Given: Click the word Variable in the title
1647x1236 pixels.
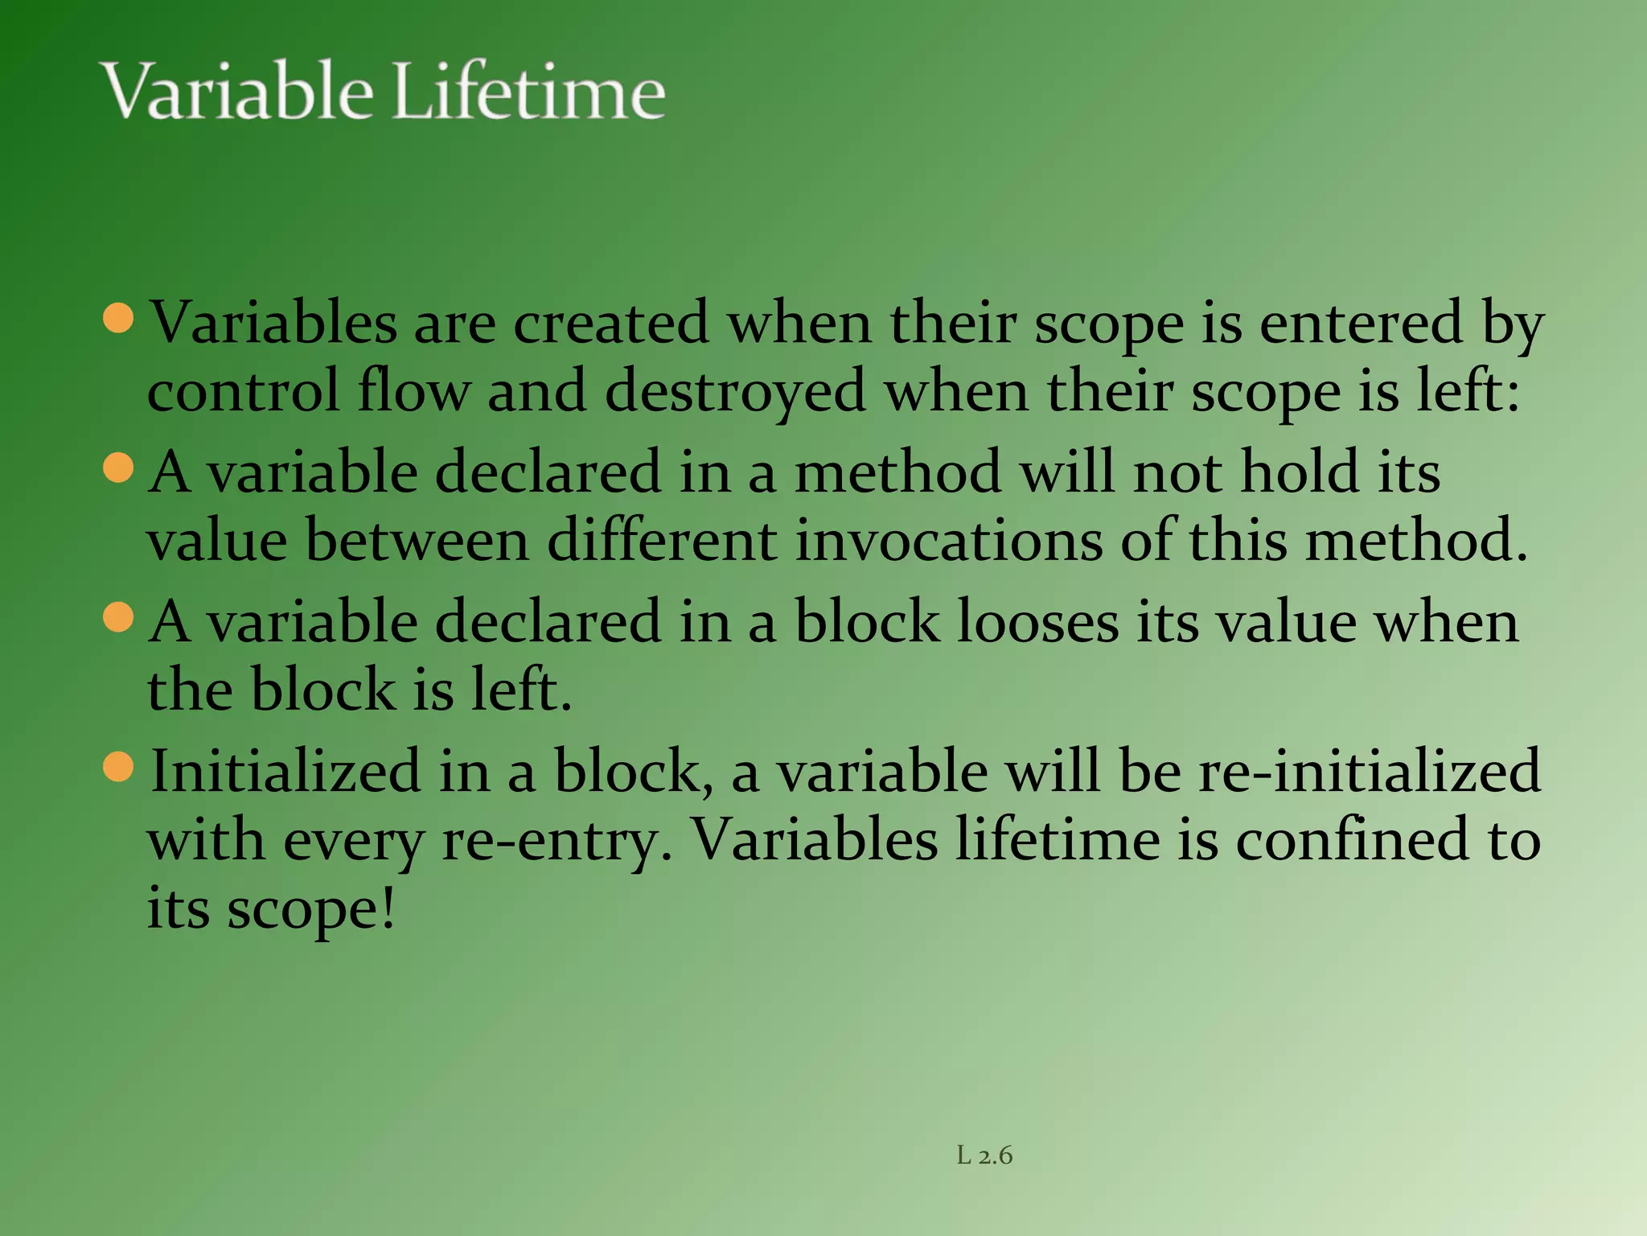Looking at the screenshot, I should [238, 92].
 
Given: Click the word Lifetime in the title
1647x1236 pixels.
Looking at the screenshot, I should [529, 92].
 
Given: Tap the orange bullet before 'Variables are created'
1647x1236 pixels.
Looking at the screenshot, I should [119, 318].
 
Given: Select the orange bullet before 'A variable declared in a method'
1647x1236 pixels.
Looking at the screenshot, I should [119, 468].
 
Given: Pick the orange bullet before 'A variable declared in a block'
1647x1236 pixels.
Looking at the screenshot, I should [119, 618].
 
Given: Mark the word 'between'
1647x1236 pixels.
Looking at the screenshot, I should [417, 541].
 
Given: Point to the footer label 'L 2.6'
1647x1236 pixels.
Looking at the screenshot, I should [984, 1156].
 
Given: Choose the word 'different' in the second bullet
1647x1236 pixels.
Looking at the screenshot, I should [663, 541].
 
